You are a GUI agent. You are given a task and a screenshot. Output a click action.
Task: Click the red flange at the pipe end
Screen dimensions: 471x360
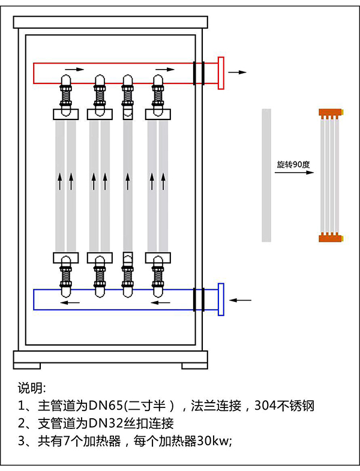coord(221,73)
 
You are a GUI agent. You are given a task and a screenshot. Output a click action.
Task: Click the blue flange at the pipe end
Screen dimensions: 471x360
coord(221,298)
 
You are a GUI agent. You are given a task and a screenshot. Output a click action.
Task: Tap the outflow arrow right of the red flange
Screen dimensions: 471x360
coord(238,72)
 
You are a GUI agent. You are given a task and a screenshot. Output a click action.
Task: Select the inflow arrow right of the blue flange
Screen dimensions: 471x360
coord(241,298)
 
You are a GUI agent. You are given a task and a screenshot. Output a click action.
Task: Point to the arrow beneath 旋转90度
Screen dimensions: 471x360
coord(295,173)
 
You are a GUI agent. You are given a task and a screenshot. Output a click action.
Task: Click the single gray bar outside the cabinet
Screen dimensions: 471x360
coord(267,175)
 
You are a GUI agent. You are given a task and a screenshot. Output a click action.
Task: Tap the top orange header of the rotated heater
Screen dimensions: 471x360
coord(330,112)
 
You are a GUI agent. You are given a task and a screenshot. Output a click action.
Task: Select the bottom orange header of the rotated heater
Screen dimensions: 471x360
coord(330,238)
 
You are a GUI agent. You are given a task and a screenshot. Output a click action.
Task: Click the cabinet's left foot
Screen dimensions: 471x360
coord(26,365)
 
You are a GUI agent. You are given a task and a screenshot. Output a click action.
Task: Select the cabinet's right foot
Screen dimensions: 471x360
coord(194,365)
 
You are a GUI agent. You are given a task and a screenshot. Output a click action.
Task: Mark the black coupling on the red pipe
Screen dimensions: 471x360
coord(199,73)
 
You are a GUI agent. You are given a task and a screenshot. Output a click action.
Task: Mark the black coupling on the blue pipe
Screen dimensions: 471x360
coord(199,299)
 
